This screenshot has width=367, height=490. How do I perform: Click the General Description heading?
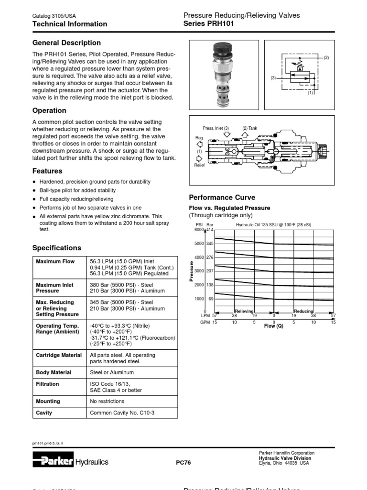click(x=66, y=43)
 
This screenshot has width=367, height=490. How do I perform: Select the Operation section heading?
click(x=49, y=111)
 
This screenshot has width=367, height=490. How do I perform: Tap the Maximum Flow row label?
click(x=52, y=262)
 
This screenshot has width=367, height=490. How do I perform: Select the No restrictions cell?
click(x=107, y=401)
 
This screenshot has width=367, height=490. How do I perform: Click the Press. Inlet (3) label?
click(x=216, y=128)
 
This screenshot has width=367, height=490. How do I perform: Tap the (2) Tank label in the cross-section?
click(x=249, y=128)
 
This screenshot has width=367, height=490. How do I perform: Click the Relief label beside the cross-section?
click(x=199, y=165)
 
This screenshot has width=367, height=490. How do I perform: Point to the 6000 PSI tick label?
click(x=199, y=230)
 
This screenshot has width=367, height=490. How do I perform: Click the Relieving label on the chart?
click(x=244, y=311)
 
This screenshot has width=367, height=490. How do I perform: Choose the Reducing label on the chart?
click(x=303, y=311)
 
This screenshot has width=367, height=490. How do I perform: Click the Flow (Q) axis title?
click(x=274, y=326)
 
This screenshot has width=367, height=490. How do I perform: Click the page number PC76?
click(x=183, y=462)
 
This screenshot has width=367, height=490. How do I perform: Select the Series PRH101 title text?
click(x=209, y=23)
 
